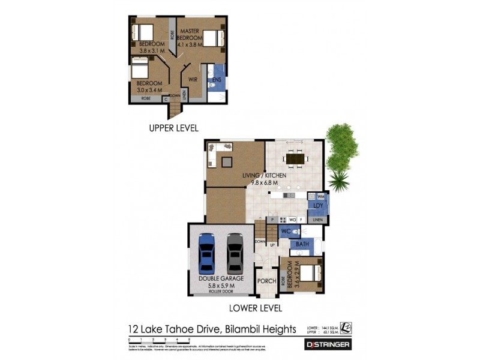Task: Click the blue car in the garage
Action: pyautogui.click(x=207, y=253)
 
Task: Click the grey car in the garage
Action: pyautogui.click(x=235, y=253)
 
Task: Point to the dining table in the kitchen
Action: pyautogui.click(x=294, y=158)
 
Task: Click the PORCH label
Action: pyautogui.click(x=266, y=281)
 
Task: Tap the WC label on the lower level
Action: pyautogui.click(x=286, y=231)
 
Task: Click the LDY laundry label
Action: pyautogui.click(x=318, y=206)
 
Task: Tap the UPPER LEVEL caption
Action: pyautogui.click(x=173, y=128)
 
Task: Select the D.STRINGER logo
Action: pyautogui.click(x=328, y=344)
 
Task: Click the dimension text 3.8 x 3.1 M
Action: pyautogui.click(x=151, y=51)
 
